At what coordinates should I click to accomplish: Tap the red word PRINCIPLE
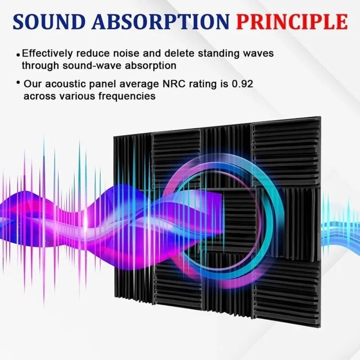coord(292,22)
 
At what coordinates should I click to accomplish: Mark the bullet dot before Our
coord(19,82)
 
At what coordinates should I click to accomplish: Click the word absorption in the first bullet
coord(154,65)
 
